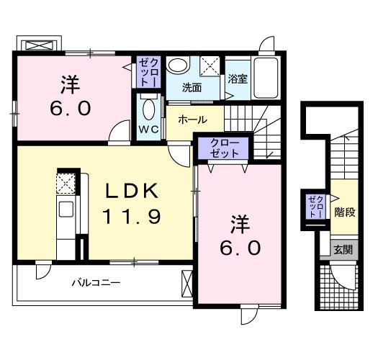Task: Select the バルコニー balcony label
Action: (94, 282)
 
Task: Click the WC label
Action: (148, 130)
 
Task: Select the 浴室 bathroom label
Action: (238, 78)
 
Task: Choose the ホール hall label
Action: (192, 119)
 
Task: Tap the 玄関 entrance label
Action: (343, 250)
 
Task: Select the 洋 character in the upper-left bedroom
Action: (70, 85)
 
